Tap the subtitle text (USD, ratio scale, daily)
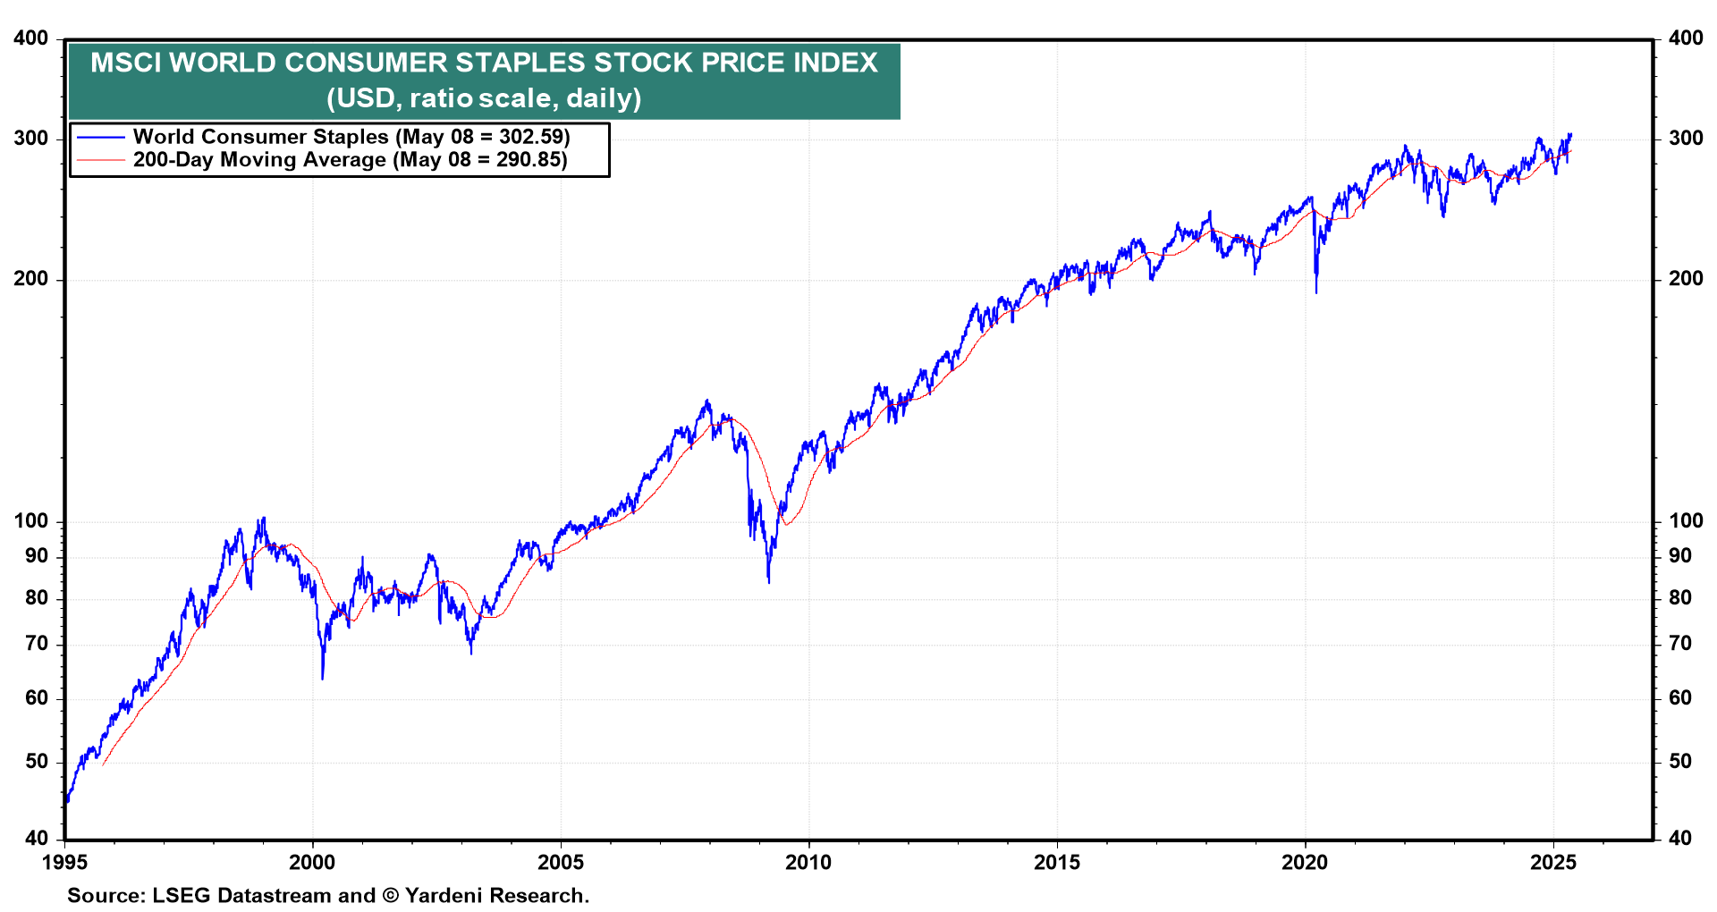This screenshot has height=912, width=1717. [x=484, y=97]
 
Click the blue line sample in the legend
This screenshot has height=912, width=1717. [x=100, y=137]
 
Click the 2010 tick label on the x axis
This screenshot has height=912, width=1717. [x=808, y=863]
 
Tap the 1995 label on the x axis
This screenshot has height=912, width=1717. [x=64, y=863]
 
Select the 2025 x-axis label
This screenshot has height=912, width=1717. [x=1552, y=863]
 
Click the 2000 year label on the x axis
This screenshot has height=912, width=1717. [x=312, y=863]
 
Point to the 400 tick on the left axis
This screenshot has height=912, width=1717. [x=31, y=38]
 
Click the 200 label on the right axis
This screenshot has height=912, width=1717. [x=1685, y=279]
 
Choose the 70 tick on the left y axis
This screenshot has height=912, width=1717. [x=37, y=644]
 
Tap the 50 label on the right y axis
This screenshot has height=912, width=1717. [x=1680, y=762]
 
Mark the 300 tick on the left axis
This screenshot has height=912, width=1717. [x=31, y=139]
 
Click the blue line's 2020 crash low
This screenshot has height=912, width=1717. [x=1316, y=291]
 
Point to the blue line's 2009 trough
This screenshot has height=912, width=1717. [x=769, y=582]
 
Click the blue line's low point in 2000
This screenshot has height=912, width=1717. [x=323, y=678]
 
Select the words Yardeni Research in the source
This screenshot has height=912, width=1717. [x=496, y=896]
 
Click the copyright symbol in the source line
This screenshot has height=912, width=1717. [x=390, y=896]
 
